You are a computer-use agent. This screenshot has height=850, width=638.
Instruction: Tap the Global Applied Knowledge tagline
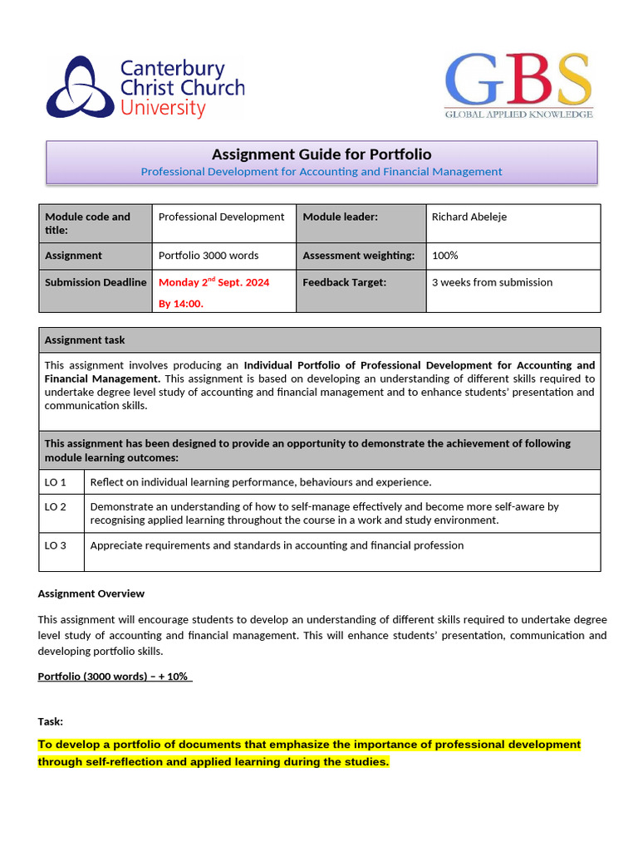[518, 114]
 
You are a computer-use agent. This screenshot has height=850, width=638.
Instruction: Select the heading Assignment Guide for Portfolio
[321, 154]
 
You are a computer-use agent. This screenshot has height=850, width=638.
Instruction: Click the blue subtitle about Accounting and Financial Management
[321, 172]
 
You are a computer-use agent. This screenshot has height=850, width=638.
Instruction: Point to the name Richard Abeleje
[469, 217]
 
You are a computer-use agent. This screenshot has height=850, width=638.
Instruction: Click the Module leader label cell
[341, 217]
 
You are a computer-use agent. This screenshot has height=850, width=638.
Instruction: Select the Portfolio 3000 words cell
[209, 256]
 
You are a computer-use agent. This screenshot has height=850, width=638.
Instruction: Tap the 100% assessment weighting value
[445, 256]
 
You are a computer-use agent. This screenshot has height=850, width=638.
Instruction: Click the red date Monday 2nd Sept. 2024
[213, 282]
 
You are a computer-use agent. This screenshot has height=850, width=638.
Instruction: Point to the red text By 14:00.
[181, 304]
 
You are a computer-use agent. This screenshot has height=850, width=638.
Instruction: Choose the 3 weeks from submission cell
[492, 282]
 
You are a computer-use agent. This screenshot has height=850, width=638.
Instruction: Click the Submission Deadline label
[96, 282]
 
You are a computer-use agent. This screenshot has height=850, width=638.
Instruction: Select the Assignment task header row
[319, 340]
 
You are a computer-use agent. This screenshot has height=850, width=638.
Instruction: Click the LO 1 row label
[56, 482]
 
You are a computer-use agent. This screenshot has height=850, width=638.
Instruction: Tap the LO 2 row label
[56, 506]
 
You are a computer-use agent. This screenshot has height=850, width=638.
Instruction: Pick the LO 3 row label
[56, 545]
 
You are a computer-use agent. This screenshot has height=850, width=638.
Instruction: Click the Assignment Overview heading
[91, 594]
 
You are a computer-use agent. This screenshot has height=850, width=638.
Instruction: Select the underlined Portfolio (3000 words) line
[115, 677]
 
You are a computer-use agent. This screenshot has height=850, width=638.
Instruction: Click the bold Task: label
[51, 722]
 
